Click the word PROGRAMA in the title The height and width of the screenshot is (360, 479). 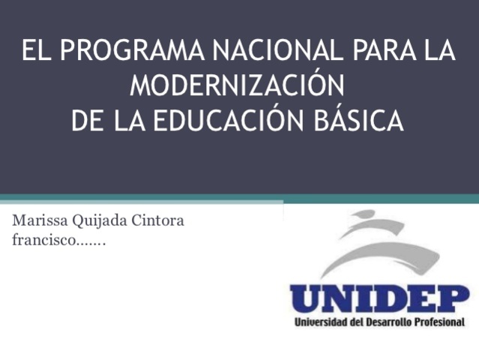(132, 52)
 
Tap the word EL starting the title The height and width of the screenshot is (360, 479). (36, 52)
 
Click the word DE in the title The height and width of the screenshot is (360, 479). (87, 119)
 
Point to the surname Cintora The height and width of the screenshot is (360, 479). (157, 222)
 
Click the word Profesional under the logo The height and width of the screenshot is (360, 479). (442, 323)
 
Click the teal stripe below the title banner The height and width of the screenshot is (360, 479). (240, 199)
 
